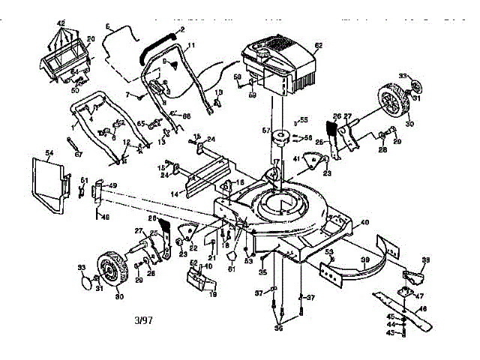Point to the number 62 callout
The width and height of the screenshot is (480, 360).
[318, 46]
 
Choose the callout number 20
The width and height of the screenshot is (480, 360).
[91, 39]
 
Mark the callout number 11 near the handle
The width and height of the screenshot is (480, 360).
[190, 46]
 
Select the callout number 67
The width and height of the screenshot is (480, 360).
[78, 154]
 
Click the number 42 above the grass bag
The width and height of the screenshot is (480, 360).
[61, 23]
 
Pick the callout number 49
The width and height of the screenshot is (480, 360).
[112, 186]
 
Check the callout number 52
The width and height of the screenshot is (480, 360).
[193, 263]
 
